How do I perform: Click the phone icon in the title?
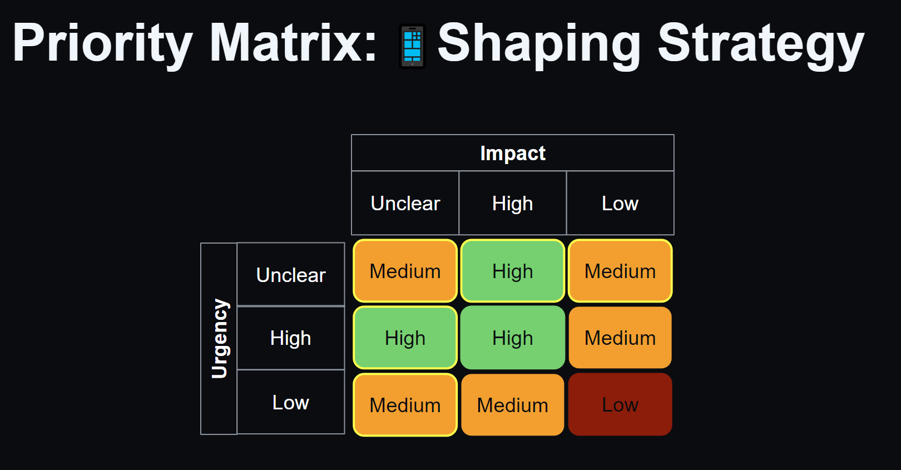(x=412, y=46)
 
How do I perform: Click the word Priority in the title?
(x=103, y=44)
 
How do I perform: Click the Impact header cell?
(x=513, y=153)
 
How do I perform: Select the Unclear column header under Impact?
(x=405, y=203)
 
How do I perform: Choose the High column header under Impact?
(x=513, y=203)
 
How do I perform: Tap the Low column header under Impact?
(x=620, y=203)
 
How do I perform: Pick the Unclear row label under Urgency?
(x=291, y=274)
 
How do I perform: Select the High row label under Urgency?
(x=291, y=338)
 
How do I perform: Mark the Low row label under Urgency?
(x=291, y=402)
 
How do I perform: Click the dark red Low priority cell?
(x=620, y=404)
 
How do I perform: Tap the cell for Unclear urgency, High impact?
(x=513, y=271)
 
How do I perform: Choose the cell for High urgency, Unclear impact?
(x=405, y=338)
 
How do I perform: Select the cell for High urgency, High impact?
(x=513, y=338)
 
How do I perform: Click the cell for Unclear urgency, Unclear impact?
(x=405, y=271)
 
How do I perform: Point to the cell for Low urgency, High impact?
(x=513, y=404)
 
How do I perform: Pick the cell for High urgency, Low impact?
(x=620, y=338)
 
